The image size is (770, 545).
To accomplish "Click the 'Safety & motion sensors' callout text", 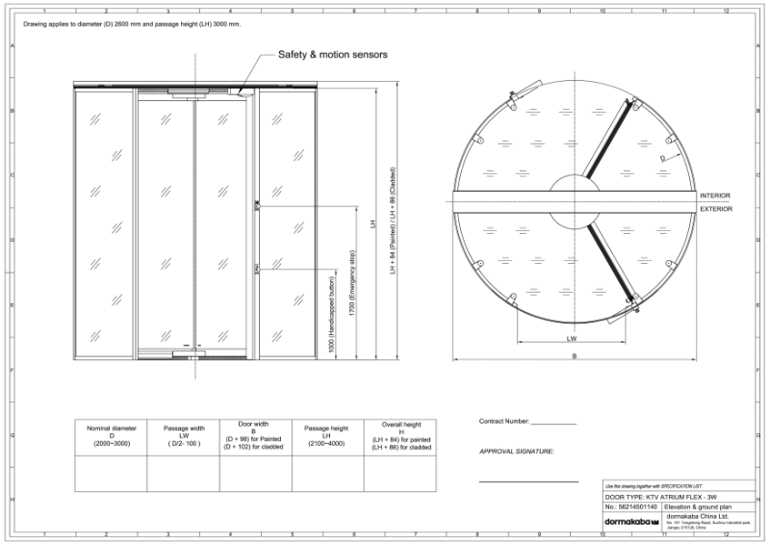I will coord(332,55).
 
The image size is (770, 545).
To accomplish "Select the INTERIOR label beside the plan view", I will coord(714,195).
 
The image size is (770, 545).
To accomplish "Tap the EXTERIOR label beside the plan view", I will coord(714,208).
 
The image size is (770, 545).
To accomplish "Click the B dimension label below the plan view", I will coord(575,355).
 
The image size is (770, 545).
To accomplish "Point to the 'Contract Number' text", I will coord(504,422).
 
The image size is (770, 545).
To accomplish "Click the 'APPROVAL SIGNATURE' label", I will coord(516,451).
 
